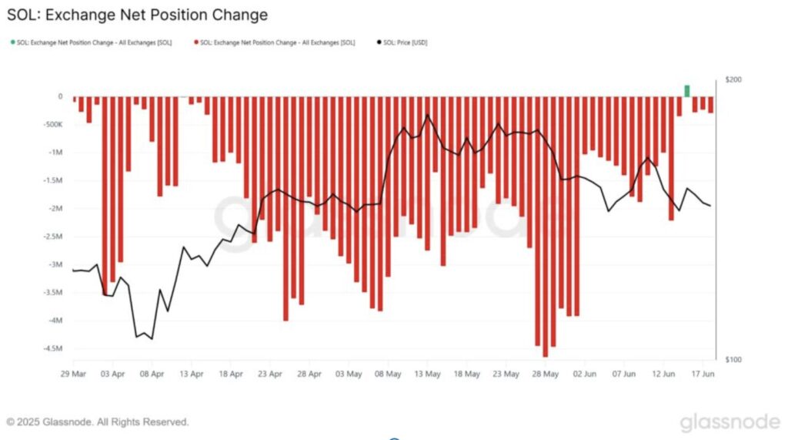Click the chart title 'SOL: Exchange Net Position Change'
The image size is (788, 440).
(x=138, y=15)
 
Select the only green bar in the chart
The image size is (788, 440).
(x=687, y=90)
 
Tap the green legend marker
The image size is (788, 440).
(x=12, y=42)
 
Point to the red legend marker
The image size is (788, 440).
(x=196, y=42)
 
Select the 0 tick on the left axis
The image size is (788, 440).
(x=59, y=96)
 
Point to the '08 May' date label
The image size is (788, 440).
(x=388, y=374)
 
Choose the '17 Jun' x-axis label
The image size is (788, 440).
(x=703, y=374)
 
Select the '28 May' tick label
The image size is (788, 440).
(x=545, y=374)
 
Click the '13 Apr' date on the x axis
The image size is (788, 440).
(x=191, y=374)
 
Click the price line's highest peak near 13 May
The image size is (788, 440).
(x=427, y=115)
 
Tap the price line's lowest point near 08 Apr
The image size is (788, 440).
(x=152, y=338)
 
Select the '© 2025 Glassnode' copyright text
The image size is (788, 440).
(x=97, y=422)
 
